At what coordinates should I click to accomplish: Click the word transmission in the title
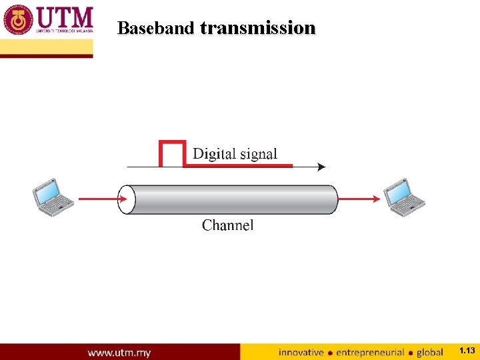coord(257,28)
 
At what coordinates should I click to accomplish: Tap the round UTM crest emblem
coord(17,20)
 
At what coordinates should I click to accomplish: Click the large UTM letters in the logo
coord(63,17)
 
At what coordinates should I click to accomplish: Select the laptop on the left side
coord(53,197)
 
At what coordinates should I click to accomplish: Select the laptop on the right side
coord(404,197)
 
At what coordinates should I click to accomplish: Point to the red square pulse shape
coord(171,153)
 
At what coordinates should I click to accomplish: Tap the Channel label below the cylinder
coord(228,225)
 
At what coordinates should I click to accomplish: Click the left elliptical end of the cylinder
coord(127,199)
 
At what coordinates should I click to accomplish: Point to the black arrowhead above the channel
coord(321,167)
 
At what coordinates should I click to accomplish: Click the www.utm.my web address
coord(119,352)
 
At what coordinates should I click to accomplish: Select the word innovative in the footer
coord(301,352)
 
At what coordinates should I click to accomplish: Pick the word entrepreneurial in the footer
coord(370,352)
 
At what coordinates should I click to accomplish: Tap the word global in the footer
coord(430,352)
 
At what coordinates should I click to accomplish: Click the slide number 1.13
coord(467,351)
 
